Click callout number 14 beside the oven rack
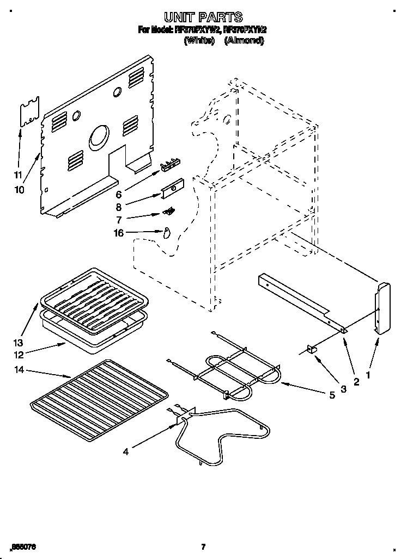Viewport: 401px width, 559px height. [x=19, y=370]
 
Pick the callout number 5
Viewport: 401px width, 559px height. [x=332, y=395]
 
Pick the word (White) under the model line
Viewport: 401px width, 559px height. [x=199, y=40]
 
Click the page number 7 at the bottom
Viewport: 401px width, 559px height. [x=202, y=546]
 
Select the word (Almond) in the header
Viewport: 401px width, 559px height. [x=244, y=40]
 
